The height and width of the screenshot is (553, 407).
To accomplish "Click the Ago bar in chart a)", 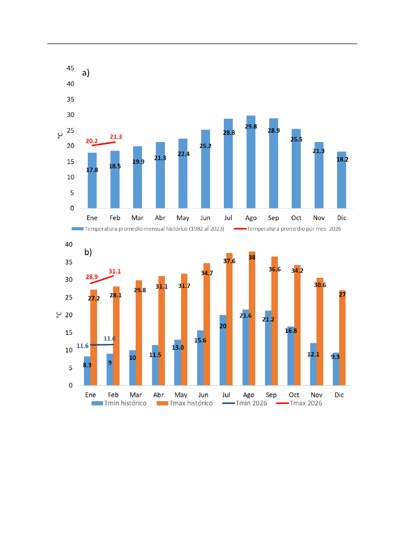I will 251,170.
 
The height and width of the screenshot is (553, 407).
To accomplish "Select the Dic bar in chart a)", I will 341,182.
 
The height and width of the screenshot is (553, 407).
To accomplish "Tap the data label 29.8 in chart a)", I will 251,126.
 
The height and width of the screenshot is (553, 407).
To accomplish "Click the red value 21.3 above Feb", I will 116,137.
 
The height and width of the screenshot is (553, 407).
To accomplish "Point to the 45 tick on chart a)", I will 70,68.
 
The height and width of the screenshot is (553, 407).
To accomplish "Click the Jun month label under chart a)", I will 205,218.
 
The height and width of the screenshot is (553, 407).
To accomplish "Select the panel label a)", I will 86,73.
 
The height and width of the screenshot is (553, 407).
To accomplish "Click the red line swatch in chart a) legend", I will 240,229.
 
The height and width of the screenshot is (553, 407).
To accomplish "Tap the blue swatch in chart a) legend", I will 77,229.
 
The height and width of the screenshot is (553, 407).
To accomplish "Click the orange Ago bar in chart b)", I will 252,322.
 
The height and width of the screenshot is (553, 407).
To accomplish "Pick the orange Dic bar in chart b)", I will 343,339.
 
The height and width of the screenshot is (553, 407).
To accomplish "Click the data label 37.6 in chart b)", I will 229,261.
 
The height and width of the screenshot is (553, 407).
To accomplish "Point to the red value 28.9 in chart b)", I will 92,277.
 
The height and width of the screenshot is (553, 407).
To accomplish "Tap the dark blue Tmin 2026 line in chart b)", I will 102,345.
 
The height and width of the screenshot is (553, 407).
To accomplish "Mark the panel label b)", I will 88,252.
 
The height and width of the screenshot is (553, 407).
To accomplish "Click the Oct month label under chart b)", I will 294,395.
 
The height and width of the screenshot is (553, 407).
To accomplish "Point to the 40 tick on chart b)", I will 69,245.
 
